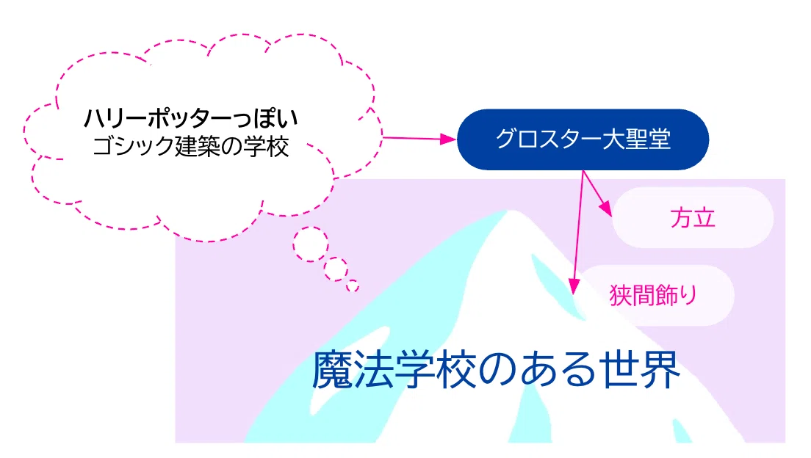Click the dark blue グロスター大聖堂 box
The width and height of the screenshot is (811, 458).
[583, 139]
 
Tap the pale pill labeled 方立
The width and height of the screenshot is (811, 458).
[693, 217]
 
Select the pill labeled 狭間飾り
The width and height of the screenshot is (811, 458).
[655, 295]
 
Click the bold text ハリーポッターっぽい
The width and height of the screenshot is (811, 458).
[191, 118]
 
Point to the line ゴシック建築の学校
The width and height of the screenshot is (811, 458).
[190, 146]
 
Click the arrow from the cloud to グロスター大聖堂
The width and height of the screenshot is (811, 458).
[419, 139]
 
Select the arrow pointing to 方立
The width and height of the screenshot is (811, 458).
[597, 193]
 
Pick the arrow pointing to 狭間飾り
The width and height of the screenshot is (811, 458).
[578, 233]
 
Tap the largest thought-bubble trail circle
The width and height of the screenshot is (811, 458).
[311, 244]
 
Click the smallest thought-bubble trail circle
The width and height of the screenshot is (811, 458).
[353, 286]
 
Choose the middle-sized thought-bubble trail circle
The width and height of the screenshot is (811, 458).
[336, 269]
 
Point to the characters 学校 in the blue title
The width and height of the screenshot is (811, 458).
[436, 370]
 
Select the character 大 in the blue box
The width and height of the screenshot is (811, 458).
[611, 139]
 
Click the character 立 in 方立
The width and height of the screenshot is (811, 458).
[704, 218]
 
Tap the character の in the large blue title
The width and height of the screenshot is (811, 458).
[497, 371]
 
